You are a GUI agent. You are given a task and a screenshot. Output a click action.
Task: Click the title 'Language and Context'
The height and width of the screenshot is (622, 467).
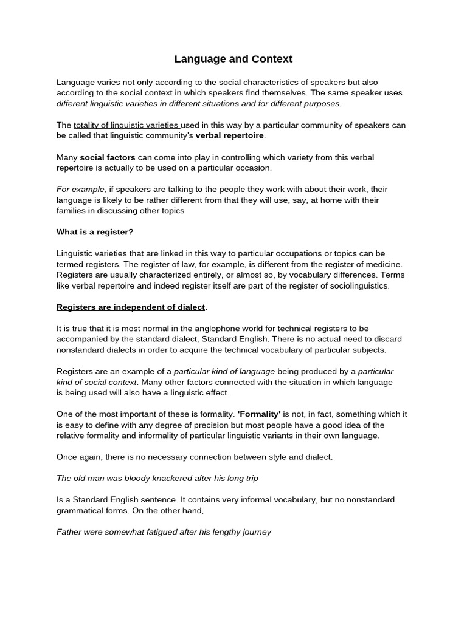tap(233, 59)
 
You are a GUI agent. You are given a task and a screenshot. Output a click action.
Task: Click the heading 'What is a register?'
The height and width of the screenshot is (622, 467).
tap(94, 231)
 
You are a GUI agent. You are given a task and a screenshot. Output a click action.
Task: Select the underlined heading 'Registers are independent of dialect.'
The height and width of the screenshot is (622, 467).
tap(132, 307)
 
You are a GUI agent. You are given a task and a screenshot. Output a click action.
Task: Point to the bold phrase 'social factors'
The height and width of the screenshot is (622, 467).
tap(108, 157)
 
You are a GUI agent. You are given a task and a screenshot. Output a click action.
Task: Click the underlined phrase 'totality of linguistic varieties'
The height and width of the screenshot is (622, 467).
tap(126, 125)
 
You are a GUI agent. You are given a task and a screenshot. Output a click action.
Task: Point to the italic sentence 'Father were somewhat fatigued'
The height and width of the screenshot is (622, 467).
tap(164, 531)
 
